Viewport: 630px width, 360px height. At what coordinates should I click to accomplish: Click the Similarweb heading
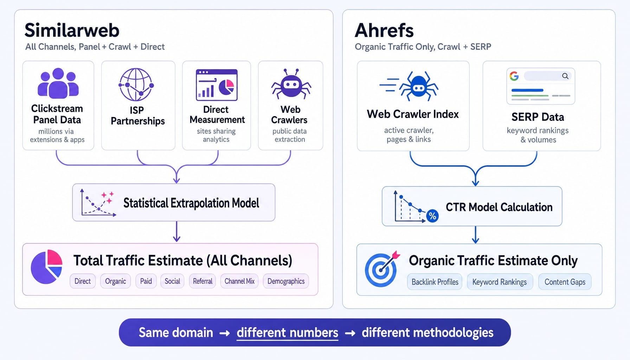click(x=72, y=30)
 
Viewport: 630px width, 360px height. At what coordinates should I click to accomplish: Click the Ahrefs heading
click(x=384, y=30)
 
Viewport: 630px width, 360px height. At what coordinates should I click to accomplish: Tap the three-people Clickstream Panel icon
click(x=58, y=83)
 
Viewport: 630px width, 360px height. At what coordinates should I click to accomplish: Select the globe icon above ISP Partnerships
click(x=136, y=85)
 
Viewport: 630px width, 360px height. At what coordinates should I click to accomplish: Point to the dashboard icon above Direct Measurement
click(x=217, y=85)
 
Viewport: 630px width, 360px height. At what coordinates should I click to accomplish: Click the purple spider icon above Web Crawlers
click(x=291, y=84)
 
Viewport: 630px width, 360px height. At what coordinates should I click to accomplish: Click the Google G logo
click(x=514, y=76)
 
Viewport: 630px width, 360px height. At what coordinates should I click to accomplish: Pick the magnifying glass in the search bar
click(x=565, y=76)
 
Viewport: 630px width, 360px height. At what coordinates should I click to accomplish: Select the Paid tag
click(x=146, y=281)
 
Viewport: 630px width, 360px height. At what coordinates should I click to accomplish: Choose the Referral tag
click(x=202, y=281)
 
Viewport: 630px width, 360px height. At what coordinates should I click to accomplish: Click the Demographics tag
click(x=286, y=281)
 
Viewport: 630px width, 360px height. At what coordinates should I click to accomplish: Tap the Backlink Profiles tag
click(x=435, y=282)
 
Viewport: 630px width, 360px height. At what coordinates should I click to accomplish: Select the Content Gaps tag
click(x=565, y=282)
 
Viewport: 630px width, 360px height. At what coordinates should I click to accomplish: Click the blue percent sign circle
click(x=432, y=216)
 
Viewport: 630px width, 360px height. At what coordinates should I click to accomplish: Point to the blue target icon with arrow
click(x=382, y=269)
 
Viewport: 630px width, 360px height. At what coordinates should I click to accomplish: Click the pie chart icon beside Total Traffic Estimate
click(x=47, y=267)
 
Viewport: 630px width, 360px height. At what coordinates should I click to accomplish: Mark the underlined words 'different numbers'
click(x=288, y=333)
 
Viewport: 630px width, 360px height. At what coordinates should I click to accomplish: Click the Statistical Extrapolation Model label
click(x=191, y=203)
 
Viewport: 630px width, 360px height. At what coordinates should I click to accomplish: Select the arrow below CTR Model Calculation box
click(x=475, y=235)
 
